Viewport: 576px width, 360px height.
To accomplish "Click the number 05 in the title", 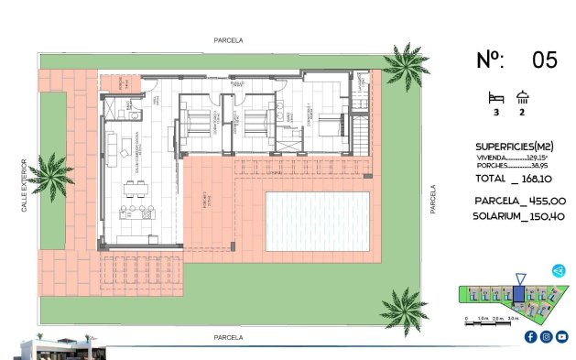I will pos(544,60).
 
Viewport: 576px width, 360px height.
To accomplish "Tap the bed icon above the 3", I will pos(496,96).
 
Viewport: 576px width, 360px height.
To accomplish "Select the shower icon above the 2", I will pos(522,96).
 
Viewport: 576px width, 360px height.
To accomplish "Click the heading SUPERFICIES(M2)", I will pos(513,147).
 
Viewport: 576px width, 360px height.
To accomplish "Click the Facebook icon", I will pos(530,337).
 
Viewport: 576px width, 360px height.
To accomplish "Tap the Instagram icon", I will pos(546,337).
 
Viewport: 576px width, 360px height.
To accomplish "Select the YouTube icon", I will pos(561,337).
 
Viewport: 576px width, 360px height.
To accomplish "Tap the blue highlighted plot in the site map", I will pos(518,294).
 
